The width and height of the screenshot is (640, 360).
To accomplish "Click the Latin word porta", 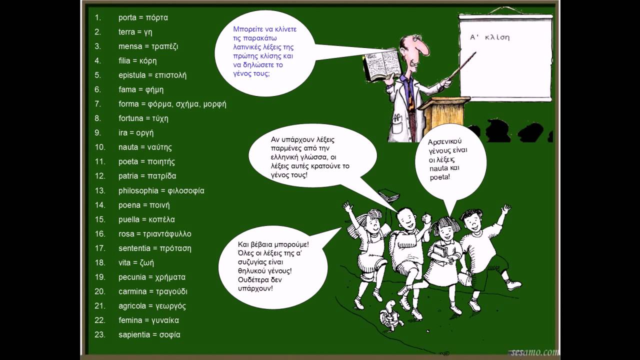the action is pyautogui.click(x=127, y=17).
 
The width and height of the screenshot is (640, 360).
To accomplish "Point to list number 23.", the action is pyautogui.click(x=99, y=334).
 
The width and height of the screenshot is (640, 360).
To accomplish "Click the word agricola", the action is pyautogui.click(x=132, y=306).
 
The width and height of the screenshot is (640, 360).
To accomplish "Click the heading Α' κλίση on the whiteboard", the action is pyautogui.click(x=489, y=37).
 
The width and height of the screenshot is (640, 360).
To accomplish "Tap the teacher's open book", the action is pyautogui.click(x=381, y=65).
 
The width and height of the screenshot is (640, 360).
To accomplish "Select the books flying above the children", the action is pyautogui.click(x=389, y=195).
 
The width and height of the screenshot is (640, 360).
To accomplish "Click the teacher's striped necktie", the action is pyautogui.click(x=411, y=94).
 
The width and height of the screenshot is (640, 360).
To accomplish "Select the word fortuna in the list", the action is pyautogui.click(x=131, y=118).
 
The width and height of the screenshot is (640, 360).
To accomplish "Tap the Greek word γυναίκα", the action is pyautogui.click(x=165, y=320).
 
